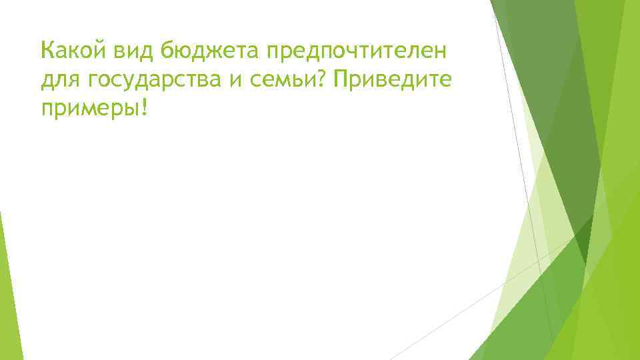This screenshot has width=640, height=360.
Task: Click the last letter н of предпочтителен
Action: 441,51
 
